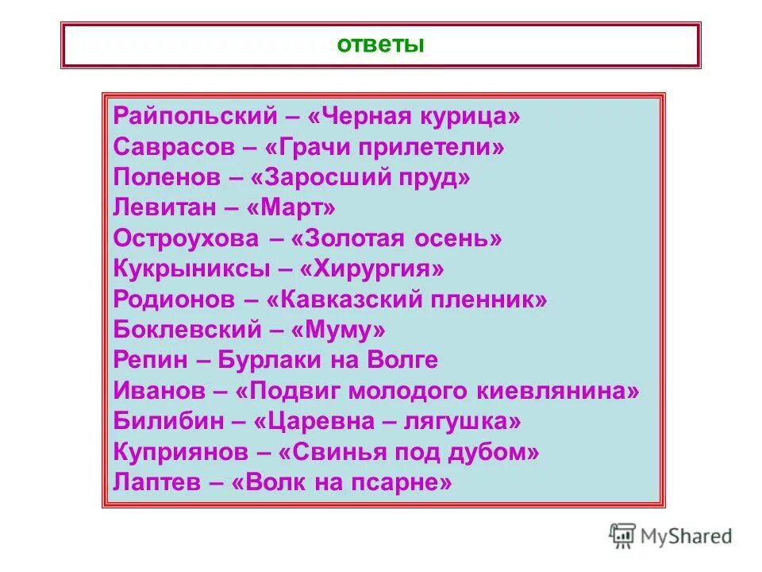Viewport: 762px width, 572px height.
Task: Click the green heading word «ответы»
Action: tap(381, 44)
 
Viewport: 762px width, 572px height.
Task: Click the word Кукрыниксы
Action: tap(190, 269)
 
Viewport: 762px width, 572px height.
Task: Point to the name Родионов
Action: tap(173, 300)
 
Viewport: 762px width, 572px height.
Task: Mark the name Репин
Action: tap(150, 361)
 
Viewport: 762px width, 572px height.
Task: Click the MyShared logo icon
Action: tap(622, 535)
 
